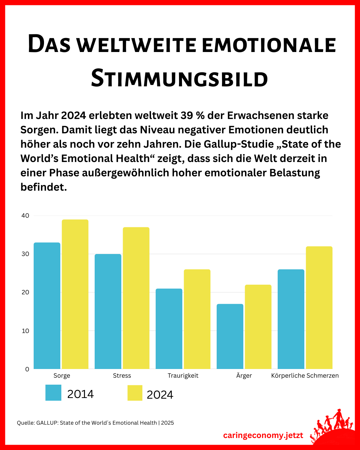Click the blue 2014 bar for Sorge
pos(47,305)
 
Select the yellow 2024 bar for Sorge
pos(75,294)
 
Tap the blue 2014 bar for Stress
pos(108,311)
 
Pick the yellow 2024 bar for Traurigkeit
pos(197,319)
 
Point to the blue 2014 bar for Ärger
pos(230,336)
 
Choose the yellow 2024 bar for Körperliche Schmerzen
pos(319,307)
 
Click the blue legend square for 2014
pos(53,393)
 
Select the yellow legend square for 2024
pos(135,393)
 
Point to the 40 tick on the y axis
pos(25,216)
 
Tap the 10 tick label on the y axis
pos(25,331)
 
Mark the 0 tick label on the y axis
pos(27,369)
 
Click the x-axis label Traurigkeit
pos(183,376)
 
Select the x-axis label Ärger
pos(244,375)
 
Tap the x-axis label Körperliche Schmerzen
pos(305,376)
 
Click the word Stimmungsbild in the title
pos(179,79)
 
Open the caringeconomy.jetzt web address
pos(263,435)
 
